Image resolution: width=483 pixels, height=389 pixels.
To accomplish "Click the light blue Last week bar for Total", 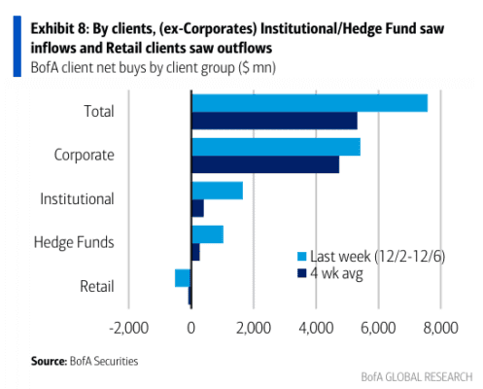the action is tap(310, 103).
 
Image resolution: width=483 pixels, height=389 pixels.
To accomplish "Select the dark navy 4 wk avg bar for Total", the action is tap(275, 121).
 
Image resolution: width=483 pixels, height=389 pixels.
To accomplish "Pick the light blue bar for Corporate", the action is tap(276, 147).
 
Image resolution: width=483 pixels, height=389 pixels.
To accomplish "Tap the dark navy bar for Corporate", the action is tap(265, 164).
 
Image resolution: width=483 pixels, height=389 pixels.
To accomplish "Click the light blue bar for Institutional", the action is tap(218, 191).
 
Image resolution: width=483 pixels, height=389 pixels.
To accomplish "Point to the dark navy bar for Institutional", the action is tap(198, 208).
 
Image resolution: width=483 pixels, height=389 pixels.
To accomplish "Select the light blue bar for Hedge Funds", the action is tap(208, 234).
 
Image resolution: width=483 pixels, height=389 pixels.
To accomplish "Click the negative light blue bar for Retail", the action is tap(183, 278).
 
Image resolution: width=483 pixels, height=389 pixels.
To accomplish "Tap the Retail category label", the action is tap(97, 287).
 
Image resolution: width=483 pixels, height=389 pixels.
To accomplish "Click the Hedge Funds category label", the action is tap(74, 242).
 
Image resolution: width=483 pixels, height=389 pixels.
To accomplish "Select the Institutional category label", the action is tap(77, 198).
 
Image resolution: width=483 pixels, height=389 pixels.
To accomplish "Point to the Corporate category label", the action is tap(85, 155).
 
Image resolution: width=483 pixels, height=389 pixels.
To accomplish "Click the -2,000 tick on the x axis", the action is tap(129, 328).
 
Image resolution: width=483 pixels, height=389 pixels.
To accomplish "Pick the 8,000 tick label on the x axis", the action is tap(440, 328).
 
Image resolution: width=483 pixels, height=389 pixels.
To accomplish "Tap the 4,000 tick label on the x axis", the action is tap(316, 328).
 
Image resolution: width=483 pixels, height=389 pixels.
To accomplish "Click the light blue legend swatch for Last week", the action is tap(301, 257).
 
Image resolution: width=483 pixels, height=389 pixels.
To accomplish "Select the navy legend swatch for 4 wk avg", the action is tap(301, 273).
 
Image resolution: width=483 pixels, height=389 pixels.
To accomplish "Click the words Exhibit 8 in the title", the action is tap(58, 29).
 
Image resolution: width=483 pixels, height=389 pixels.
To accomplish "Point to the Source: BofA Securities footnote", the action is tap(85, 361).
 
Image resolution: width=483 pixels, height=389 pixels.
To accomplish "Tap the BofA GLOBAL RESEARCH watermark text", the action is tap(417, 377).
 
